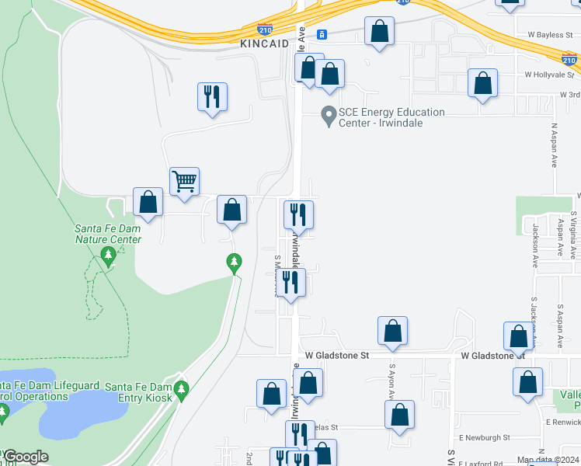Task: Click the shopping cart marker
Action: (x=185, y=182)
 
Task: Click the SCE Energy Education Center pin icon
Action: (x=328, y=116)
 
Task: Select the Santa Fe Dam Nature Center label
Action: (x=108, y=234)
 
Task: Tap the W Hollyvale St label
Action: (x=551, y=75)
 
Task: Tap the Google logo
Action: (x=25, y=456)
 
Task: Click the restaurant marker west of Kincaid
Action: (x=212, y=97)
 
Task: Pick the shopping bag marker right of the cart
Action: (x=231, y=210)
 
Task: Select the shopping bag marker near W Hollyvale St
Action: (x=482, y=83)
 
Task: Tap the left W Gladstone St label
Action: (x=336, y=354)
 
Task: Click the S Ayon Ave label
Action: (x=391, y=381)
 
